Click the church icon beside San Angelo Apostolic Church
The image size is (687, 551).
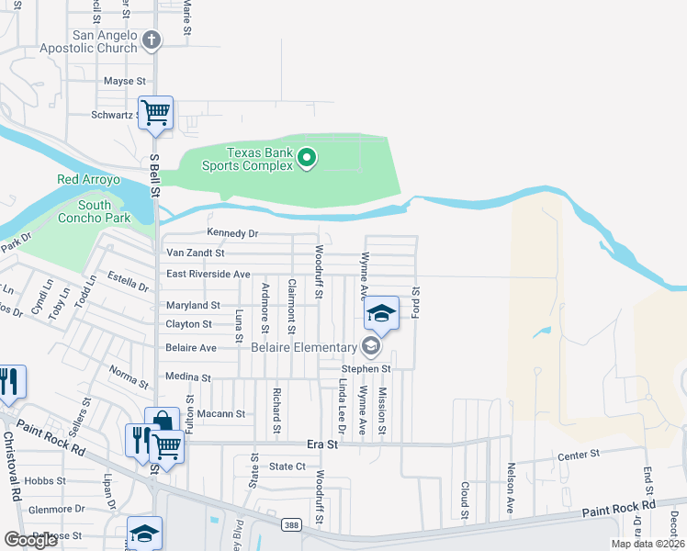pyautogui.click(x=152, y=39)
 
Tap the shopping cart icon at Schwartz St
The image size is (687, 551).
pyautogui.click(x=155, y=113)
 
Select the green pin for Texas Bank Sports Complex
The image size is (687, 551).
pyautogui.click(x=307, y=159)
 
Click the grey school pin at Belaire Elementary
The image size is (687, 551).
pyautogui.click(x=370, y=346)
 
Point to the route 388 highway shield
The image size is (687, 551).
pyautogui.click(x=289, y=523)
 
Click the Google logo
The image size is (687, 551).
pyautogui.click(x=30, y=540)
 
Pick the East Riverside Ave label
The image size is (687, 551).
pyautogui.click(x=208, y=275)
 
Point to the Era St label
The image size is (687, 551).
pyautogui.click(x=322, y=444)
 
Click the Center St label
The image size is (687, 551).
pyautogui.click(x=578, y=455)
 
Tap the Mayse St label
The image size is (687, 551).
pyautogui.click(x=124, y=82)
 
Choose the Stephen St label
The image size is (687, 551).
pyautogui.click(x=367, y=369)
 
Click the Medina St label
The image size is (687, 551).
pyautogui.click(x=187, y=377)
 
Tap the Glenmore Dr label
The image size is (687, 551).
pyautogui.click(x=56, y=508)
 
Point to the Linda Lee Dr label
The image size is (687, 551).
pyautogui.click(x=342, y=405)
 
